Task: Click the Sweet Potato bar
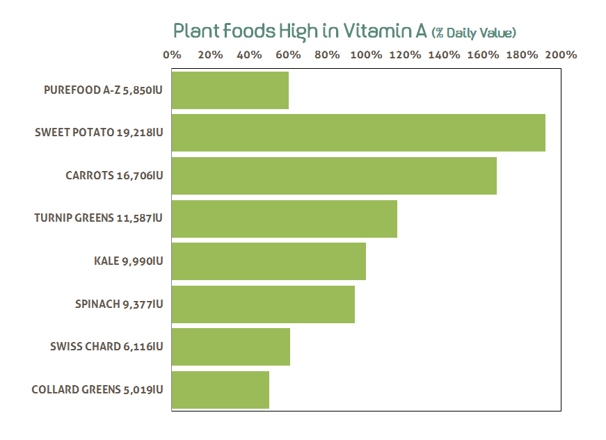point(358,133)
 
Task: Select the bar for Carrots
point(334,176)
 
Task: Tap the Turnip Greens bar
point(284,219)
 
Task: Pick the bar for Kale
point(269,261)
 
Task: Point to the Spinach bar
point(263,304)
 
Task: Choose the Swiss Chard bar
point(230,347)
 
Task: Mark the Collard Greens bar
point(220,390)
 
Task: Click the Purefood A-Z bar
point(230,90)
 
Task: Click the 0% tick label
point(172,55)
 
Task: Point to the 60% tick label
point(288,55)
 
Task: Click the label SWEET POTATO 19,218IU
point(99,133)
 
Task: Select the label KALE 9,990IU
point(128,261)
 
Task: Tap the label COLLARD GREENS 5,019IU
point(97,390)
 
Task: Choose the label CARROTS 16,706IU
point(114,176)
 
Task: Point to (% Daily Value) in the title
point(474,33)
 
